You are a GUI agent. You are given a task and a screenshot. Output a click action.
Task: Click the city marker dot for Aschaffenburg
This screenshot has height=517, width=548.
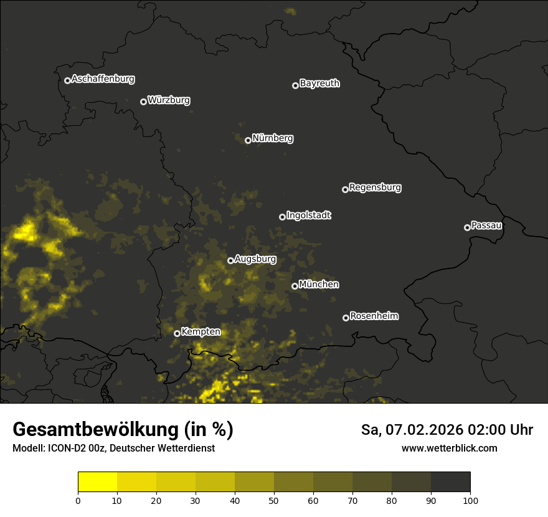[67, 80]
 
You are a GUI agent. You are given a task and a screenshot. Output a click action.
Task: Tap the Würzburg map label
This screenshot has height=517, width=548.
[169, 100]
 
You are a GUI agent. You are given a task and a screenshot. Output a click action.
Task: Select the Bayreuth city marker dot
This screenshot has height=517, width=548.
[295, 85]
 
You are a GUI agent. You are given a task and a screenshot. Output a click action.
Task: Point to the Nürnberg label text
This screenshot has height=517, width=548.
[273, 138]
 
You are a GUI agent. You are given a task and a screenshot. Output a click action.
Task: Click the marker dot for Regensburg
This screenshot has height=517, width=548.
[345, 189]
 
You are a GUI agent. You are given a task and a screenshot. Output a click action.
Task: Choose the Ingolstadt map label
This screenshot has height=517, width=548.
[309, 216]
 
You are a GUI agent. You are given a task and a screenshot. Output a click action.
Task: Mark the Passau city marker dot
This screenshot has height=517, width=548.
[467, 227]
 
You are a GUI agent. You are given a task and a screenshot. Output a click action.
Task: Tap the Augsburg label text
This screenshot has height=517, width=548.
[255, 259]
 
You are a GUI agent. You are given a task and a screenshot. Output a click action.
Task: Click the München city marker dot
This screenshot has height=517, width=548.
[295, 287]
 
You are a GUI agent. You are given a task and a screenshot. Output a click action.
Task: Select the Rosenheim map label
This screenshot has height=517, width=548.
[374, 316]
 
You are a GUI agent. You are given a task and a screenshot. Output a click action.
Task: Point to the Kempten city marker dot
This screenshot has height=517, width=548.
[177, 333]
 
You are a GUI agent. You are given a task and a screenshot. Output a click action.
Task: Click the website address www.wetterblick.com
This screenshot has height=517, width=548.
[450, 448]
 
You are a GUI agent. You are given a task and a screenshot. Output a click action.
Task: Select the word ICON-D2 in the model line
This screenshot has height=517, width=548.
[64, 448]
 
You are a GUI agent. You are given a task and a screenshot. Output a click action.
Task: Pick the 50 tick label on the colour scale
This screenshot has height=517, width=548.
[274, 500]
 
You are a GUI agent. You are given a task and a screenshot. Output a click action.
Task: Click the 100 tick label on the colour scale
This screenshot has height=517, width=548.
[470, 500]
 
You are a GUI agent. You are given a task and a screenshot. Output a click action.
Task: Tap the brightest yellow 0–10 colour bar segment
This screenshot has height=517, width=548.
[97, 482]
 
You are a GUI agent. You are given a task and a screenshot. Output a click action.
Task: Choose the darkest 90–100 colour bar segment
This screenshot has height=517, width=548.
[450, 482]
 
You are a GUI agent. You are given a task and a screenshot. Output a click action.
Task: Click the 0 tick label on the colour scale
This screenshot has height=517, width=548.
[78, 500]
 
